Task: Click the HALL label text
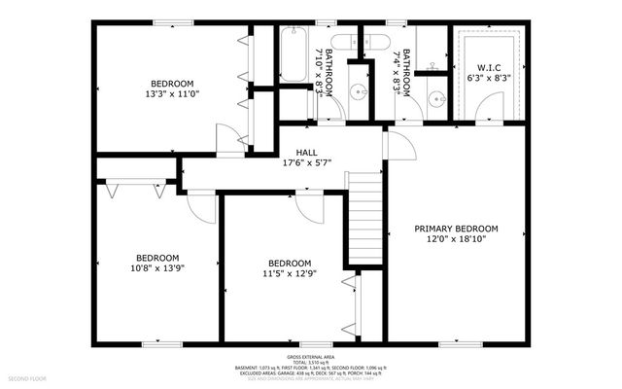[306, 152]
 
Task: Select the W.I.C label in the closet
[492, 68]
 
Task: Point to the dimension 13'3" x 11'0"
[171, 94]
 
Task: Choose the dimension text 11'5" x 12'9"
[290, 273]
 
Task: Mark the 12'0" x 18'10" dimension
[456, 238]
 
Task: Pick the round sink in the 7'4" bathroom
[434, 97]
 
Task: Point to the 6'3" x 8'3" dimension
[492, 79]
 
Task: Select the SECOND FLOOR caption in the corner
[30, 375]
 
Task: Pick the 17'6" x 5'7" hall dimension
[306, 162]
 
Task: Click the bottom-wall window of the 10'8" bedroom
[155, 342]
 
